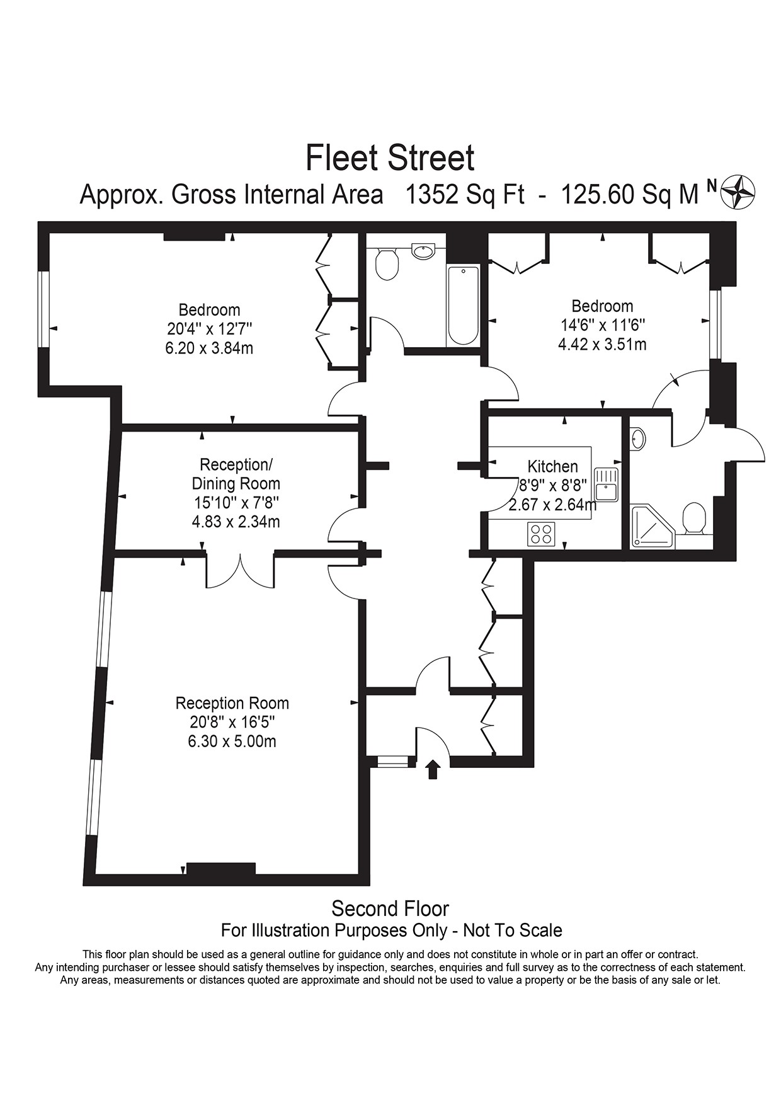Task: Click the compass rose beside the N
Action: click(x=738, y=192)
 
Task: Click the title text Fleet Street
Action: click(x=390, y=157)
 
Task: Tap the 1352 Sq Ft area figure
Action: click(x=465, y=195)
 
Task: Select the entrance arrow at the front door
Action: click(x=433, y=769)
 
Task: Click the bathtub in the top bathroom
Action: click(x=464, y=306)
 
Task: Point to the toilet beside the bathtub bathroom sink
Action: click(x=387, y=263)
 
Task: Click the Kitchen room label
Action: click(x=552, y=467)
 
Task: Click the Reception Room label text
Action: click(x=232, y=703)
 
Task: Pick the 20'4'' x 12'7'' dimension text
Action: click(x=209, y=329)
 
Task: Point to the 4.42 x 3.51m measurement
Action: click(x=602, y=345)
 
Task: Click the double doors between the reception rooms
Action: click(x=241, y=570)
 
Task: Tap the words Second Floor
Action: click(x=390, y=909)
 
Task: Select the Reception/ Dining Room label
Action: click(x=236, y=474)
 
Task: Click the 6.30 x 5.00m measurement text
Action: click(x=232, y=741)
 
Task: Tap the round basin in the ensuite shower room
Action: click(x=637, y=438)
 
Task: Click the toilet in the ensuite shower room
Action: click(x=694, y=518)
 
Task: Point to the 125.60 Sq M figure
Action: click(x=629, y=195)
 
